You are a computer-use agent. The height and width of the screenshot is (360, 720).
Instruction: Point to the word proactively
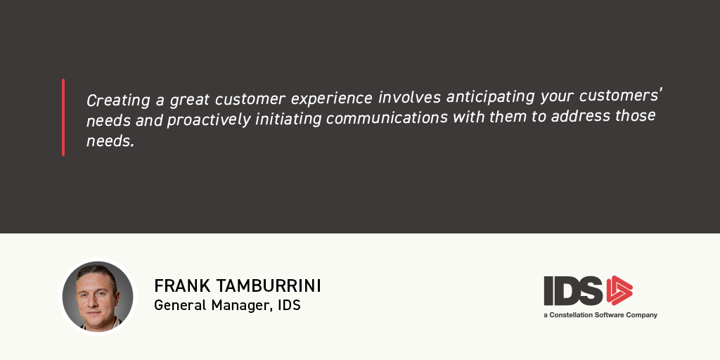(209, 120)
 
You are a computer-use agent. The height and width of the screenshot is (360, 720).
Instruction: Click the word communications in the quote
(387, 117)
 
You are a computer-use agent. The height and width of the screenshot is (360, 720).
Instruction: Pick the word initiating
(288, 118)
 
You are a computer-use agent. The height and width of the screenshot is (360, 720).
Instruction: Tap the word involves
(409, 98)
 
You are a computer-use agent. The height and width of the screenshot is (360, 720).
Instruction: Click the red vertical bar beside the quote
(63, 117)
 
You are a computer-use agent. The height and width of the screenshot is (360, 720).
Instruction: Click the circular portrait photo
(98, 297)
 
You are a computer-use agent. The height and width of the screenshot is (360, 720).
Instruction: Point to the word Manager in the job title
(240, 305)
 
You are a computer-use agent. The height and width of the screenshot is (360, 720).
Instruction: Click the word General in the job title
(181, 305)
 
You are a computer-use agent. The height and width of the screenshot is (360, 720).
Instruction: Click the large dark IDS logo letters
(574, 290)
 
